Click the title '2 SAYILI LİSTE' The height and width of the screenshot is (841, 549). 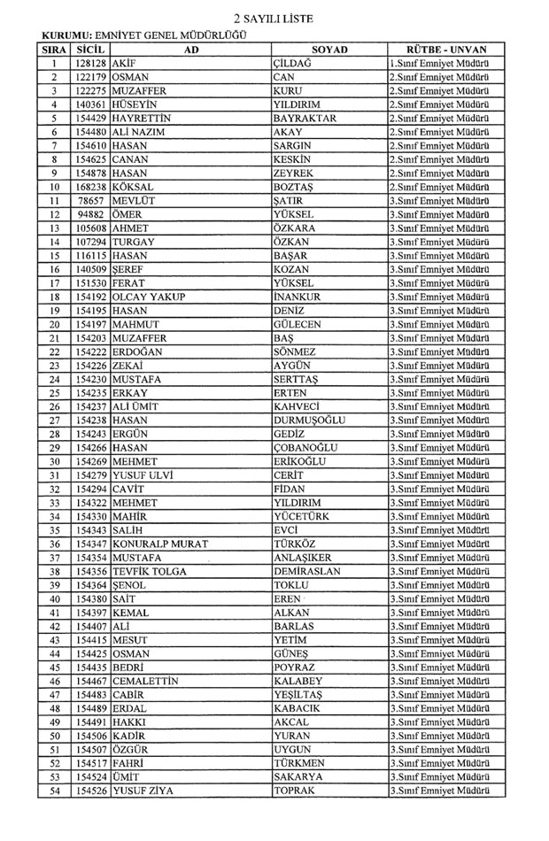coord(274,18)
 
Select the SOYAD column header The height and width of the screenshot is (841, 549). coord(329,50)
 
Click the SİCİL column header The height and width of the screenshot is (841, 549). coord(91,50)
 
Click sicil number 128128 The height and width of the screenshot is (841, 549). coord(91,64)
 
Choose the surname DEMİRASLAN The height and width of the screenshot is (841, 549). coord(308,571)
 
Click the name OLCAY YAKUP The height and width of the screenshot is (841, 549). coord(150,297)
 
